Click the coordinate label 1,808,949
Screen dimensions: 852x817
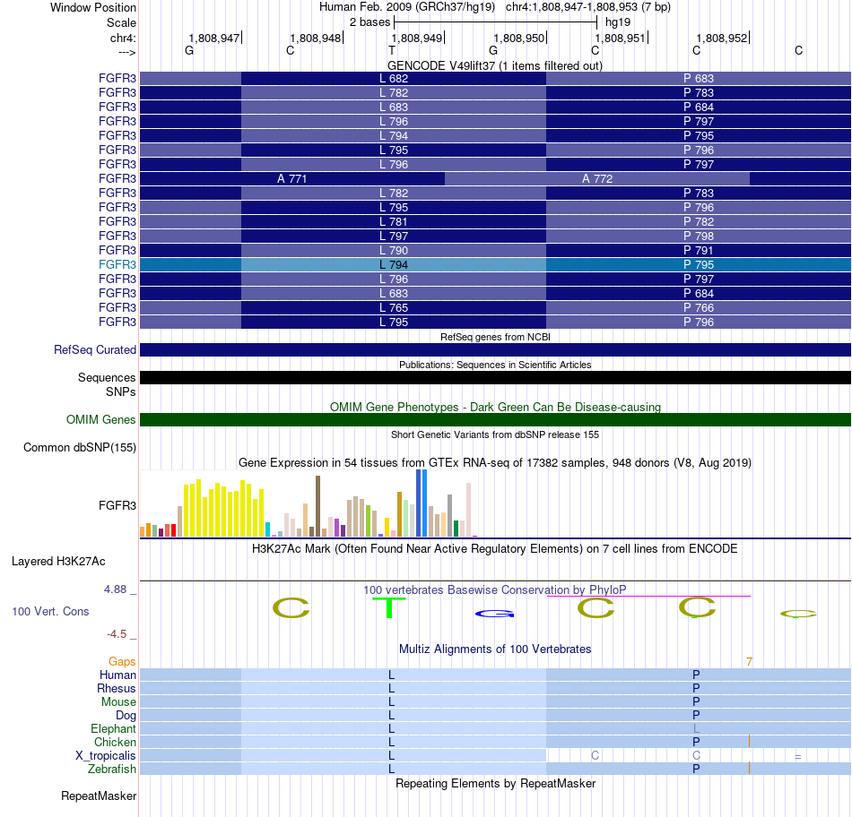[x=417, y=38]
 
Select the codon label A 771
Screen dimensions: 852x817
[x=291, y=178]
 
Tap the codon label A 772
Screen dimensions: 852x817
[x=597, y=178]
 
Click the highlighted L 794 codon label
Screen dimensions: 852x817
[x=394, y=265]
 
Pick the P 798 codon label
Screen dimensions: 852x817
[x=699, y=236]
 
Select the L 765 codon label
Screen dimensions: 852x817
[x=394, y=308]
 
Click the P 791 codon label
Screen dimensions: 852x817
[x=699, y=250]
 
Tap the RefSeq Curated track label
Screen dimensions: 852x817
[x=94, y=349]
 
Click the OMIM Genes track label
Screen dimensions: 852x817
[x=100, y=419]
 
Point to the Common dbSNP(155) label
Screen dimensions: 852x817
[x=79, y=447]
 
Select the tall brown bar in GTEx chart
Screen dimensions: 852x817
[x=317, y=506]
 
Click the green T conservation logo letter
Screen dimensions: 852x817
[x=389, y=607]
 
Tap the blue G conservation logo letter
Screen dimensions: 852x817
[x=494, y=614]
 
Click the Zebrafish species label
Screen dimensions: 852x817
[x=112, y=769]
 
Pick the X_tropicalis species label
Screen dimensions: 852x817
[x=106, y=756]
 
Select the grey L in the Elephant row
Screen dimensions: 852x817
[x=696, y=728]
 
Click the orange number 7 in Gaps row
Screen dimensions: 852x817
[x=749, y=661]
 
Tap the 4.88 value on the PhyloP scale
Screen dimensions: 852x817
[x=115, y=589]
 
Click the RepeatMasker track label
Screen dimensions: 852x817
[x=99, y=795]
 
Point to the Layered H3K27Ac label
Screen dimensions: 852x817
[x=58, y=562]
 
